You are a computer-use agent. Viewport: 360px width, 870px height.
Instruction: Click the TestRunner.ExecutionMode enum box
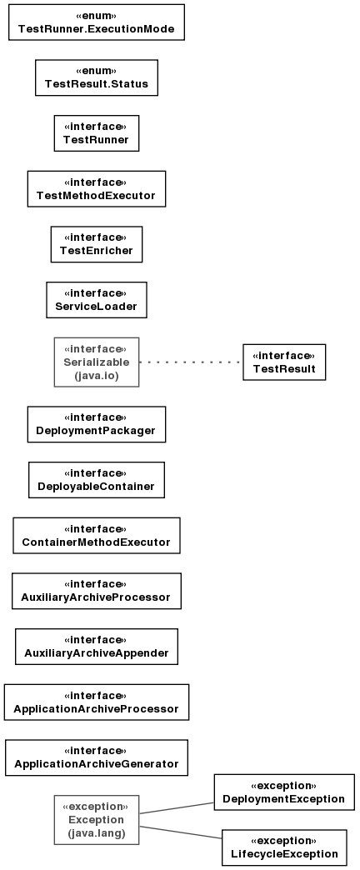tap(97, 22)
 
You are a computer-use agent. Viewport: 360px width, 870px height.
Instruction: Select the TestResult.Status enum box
tap(97, 77)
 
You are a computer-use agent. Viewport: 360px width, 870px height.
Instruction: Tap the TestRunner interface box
tap(97, 133)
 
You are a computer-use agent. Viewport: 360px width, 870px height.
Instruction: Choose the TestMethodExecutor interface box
tap(97, 188)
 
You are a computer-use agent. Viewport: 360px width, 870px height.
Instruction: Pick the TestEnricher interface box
tap(97, 244)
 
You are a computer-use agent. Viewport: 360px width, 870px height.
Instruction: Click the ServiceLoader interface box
tap(97, 300)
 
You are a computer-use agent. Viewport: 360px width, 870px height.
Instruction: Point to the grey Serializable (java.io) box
tap(97, 362)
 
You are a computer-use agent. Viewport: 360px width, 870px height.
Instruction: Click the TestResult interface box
tap(284, 362)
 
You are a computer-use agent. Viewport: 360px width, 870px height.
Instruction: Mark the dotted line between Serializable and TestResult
tap(191, 362)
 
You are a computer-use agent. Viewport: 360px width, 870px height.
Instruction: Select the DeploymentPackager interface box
tap(97, 424)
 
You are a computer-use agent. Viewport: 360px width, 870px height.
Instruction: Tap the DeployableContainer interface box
tap(97, 479)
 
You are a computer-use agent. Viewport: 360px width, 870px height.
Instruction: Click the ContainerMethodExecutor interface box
tap(97, 535)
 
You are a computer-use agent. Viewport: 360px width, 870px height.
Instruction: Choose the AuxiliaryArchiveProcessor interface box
tap(97, 590)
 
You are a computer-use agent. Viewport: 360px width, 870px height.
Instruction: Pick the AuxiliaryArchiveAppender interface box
tap(97, 646)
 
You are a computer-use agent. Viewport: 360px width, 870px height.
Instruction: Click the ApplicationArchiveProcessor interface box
tap(97, 702)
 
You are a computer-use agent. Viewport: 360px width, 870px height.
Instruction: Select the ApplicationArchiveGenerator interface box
tap(97, 757)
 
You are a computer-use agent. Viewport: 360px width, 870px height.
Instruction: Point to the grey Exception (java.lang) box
tap(97, 819)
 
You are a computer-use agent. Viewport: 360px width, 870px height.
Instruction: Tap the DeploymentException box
tap(284, 792)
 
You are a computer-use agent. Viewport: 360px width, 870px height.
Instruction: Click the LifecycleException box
tap(284, 847)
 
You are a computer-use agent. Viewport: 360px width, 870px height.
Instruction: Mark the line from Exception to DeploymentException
tap(177, 807)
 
